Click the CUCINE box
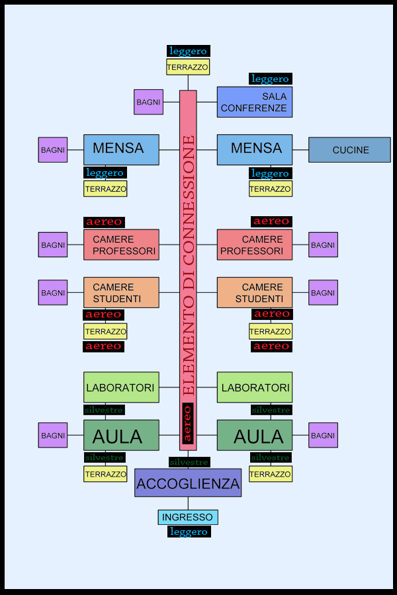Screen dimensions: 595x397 349,150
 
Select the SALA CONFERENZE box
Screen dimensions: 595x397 254,102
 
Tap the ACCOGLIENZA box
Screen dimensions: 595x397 188,483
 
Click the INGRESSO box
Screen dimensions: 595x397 188,517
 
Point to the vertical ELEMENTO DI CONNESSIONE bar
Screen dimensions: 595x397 188,264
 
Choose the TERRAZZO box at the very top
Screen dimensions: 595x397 188,67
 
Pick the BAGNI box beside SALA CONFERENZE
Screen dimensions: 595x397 148,102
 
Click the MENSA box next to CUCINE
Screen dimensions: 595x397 254,149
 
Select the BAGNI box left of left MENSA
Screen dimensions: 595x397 53,150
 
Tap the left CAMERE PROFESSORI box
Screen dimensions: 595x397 121,245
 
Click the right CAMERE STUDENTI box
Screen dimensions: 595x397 254,292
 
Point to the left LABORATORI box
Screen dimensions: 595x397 121,387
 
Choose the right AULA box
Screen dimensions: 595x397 254,436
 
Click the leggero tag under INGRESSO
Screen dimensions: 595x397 189,532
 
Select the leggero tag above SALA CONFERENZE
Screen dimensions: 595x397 270,79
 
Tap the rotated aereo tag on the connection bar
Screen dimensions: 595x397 187,423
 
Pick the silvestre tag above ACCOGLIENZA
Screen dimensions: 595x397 189,462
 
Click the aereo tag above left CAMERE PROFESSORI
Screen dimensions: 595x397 104,222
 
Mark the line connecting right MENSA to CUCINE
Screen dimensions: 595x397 300,150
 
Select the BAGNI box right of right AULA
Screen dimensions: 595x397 323,436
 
